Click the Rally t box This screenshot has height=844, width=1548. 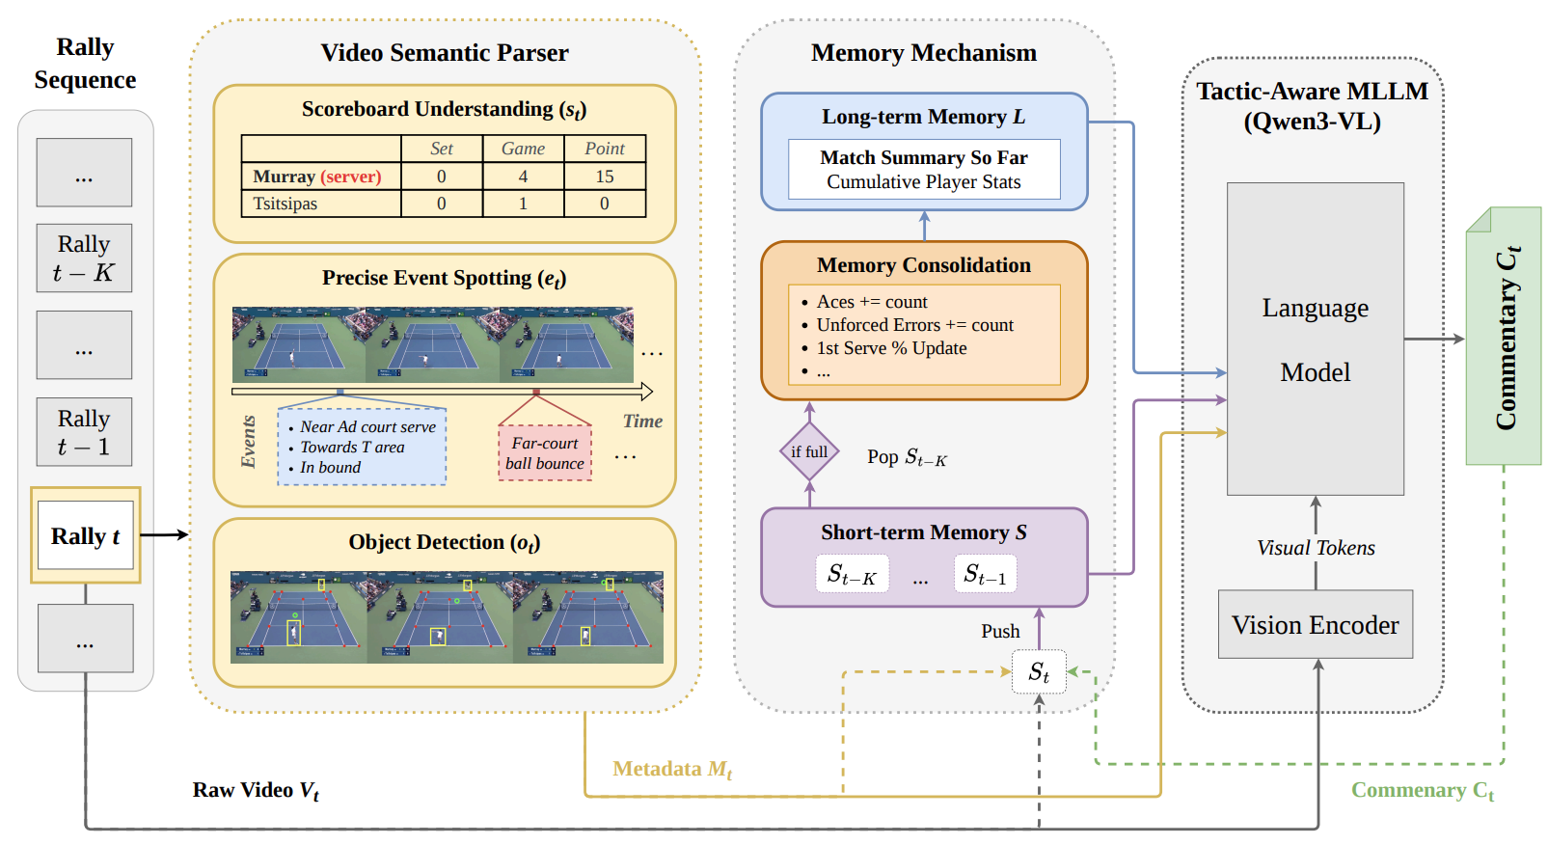(x=85, y=535)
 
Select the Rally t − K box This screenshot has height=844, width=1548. (x=84, y=259)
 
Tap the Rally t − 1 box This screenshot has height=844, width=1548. (x=84, y=432)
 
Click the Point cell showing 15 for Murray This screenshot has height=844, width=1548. (x=605, y=177)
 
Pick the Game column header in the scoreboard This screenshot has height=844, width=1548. (x=523, y=149)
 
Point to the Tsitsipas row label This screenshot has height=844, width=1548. (x=285, y=204)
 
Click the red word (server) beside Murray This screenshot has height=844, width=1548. (x=351, y=177)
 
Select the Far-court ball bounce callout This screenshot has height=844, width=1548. (x=545, y=452)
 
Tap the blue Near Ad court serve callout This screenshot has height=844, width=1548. (x=362, y=447)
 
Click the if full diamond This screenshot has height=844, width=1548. (x=809, y=451)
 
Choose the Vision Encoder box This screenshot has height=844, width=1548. (x=1315, y=625)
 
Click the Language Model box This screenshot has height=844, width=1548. (x=1315, y=340)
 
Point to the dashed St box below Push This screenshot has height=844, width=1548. (x=1039, y=672)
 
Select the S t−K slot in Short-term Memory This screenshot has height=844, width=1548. (x=852, y=575)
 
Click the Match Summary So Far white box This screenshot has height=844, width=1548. (x=924, y=170)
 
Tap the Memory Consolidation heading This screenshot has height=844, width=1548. (x=923, y=265)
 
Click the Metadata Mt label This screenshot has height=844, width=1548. (x=672, y=769)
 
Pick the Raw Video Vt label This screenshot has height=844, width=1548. (x=256, y=790)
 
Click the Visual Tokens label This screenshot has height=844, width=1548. (x=1316, y=548)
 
